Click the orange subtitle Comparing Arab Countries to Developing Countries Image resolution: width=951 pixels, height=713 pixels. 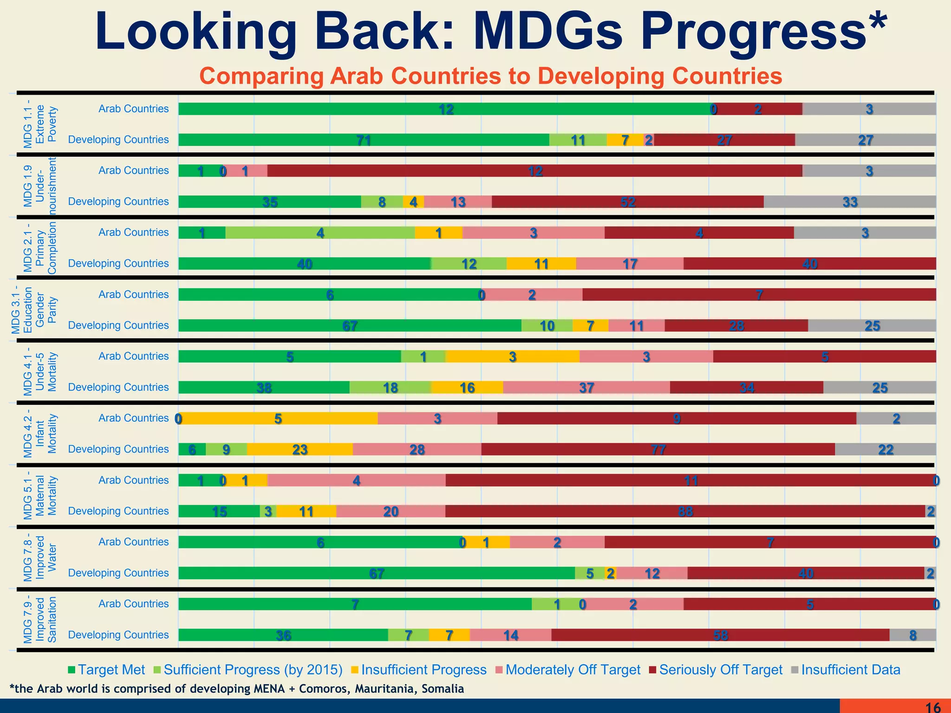(x=491, y=76)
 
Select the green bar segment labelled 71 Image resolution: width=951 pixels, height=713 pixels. (x=364, y=140)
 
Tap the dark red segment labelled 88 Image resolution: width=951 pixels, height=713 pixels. (x=685, y=511)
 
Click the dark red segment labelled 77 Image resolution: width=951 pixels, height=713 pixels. (x=658, y=449)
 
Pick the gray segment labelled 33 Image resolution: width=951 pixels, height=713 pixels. (x=850, y=202)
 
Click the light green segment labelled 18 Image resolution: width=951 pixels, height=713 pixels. (x=390, y=388)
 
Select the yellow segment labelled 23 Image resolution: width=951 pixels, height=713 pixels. (x=300, y=449)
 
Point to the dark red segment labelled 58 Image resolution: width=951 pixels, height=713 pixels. (x=720, y=635)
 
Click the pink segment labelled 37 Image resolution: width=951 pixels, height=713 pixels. (x=586, y=388)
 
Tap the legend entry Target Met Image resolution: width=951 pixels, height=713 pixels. (x=106, y=670)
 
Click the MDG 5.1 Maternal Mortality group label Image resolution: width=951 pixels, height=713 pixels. (x=39, y=496)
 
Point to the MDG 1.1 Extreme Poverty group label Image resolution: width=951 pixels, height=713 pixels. (x=39, y=124)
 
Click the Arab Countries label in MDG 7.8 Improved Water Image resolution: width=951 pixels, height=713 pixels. (x=133, y=542)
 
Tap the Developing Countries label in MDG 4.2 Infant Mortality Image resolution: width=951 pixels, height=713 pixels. (x=118, y=449)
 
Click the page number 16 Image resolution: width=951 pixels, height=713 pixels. (x=933, y=707)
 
